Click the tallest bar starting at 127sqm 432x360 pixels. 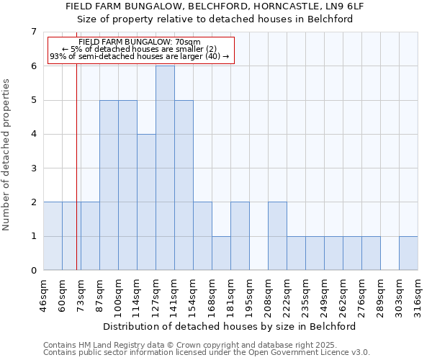click(x=165, y=168)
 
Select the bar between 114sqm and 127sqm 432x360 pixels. click(x=146, y=202)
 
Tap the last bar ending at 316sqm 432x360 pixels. click(x=408, y=253)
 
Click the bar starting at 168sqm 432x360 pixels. click(x=221, y=253)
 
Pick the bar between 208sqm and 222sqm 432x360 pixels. click(x=277, y=236)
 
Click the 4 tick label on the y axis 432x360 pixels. click(x=33, y=134)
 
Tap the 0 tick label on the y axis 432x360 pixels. click(x=33, y=271)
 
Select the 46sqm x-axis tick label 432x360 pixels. click(x=43, y=294)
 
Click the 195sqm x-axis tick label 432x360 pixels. click(x=249, y=294)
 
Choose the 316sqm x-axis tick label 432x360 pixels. click(x=418, y=294)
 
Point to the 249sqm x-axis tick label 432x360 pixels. click(x=324, y=294)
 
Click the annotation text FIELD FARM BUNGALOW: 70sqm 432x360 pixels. click(x=140, y=42)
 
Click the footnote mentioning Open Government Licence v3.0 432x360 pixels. click(x=207, y=353)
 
